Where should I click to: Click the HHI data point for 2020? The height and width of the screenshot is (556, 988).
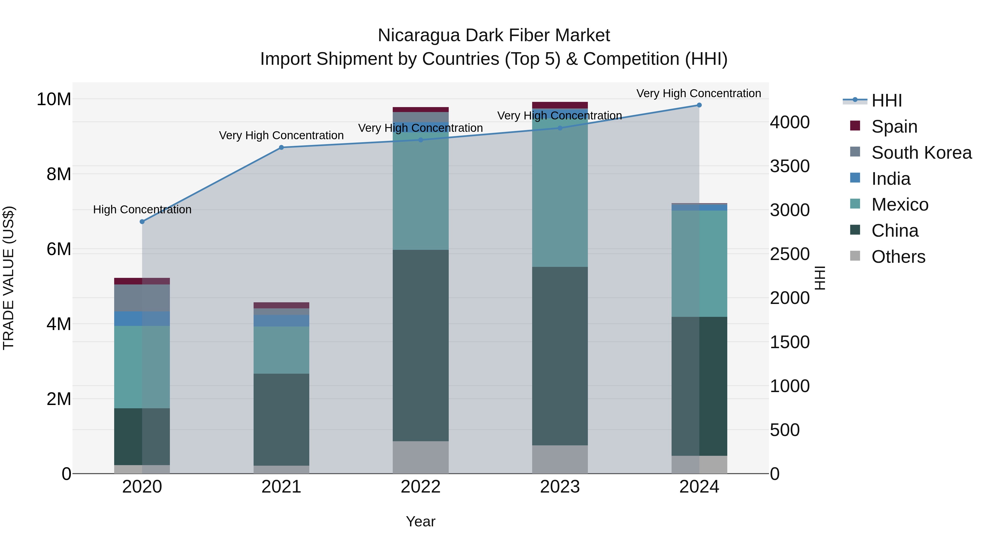click(x=142, y=221)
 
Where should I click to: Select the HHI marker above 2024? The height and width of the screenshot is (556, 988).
click(x=699, y=105)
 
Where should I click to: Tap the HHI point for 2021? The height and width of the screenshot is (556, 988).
click(x=281, y=147)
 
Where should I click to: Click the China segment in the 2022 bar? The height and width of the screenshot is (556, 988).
click(x=420, y=345)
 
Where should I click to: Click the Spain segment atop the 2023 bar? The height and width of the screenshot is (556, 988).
click(x=560, y=105)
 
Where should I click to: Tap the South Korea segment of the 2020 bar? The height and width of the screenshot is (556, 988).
click(x=142, y=298)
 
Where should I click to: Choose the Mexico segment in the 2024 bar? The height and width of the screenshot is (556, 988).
click(x=699, y=264)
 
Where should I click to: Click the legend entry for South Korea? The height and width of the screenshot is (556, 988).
click(x=921, y=153)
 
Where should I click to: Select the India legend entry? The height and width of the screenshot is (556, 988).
click(x=891, y=179)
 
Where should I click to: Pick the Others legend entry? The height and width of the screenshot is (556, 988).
click(x=898, y=257)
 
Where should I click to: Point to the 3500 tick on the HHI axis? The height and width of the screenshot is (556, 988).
click(x=790, y=166)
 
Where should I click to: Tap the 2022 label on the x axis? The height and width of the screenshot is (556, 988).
click(x=420, y=487)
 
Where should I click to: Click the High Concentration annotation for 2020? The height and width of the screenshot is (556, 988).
click(x=142, y=209)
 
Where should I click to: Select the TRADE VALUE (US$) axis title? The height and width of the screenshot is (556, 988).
click(x=9, y=278)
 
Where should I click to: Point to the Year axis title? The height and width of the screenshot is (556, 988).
click(x=420, y=521)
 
